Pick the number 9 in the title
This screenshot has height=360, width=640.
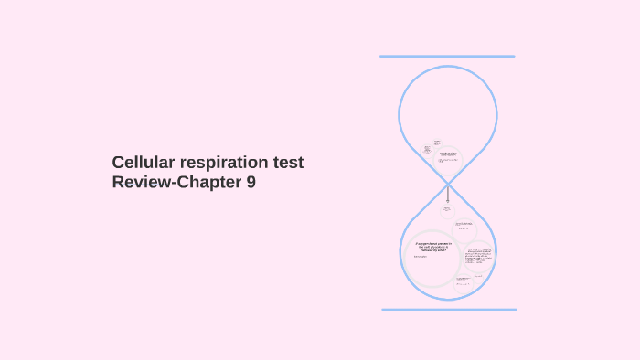pos(251,182)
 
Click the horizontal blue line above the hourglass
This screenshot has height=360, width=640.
pos(447,57)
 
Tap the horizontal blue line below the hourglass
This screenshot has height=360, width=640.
pos(449,309)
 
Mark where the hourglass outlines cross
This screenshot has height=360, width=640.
pos(448,183)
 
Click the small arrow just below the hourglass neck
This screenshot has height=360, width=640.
pos(448,195)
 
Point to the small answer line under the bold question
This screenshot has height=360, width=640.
pos(421,257)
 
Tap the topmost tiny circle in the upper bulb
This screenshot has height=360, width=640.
pos(437,143)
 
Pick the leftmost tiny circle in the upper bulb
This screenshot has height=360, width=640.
pos(427,150)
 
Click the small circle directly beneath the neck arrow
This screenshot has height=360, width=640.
pos(447,210)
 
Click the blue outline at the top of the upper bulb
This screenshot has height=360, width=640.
pos(448,66)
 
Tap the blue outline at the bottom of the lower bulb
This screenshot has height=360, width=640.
pos(448,301)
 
